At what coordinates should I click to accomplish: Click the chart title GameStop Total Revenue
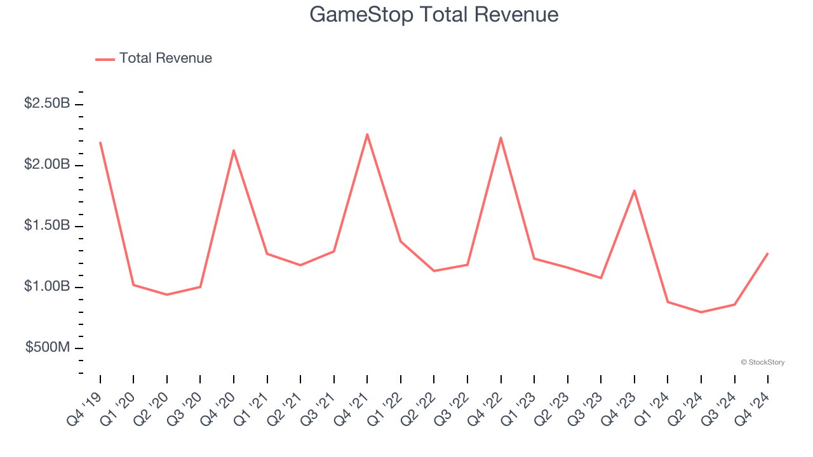[x=434, y=15]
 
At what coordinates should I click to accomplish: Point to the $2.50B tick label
[x=47, y=103]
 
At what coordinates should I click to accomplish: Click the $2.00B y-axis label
[x=47, y=164]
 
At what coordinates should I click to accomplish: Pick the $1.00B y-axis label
[x=47, y=287]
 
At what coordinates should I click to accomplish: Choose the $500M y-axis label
[x=48, y=348]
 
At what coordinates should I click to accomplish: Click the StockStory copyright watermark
[x=762, y=362]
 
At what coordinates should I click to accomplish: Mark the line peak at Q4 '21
[x=367, y=134]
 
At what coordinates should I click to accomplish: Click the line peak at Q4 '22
[x=501, y=138]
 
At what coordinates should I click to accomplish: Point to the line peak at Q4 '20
[x=234, y=150]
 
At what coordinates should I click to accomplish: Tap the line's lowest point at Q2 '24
[x=701, y=312]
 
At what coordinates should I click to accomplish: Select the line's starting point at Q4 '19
[x=100, y=142]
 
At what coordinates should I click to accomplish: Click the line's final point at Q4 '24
[x=768, y=253]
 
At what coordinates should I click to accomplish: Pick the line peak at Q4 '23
[x=634, y=190]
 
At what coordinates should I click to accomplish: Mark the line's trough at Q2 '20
[x=167, y=295]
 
